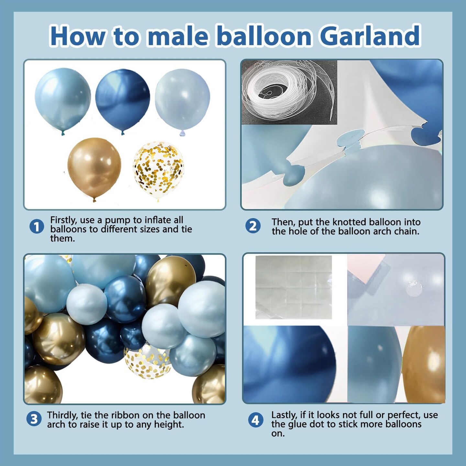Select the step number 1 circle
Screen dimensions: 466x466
click(37, 227)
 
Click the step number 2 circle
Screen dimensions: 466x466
click(253, 226)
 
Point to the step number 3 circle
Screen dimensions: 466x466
click(34, 419)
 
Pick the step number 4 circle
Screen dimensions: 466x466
click(256, 420)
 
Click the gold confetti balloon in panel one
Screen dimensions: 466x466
click(158, 170)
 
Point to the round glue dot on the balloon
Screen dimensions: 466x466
click(414, 288)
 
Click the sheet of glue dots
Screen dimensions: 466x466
click(294, 287)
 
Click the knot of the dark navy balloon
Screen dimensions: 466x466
click(123, 133)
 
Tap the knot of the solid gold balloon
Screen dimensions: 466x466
click(94, 200)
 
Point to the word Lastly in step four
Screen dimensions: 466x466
click(284, 415)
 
